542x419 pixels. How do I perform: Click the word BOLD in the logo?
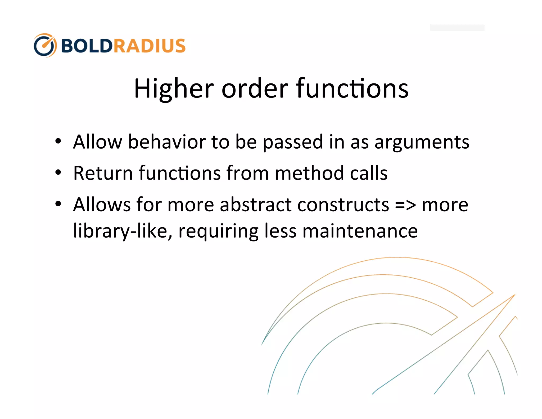pos(87,46)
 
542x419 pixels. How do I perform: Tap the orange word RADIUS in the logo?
pos(150,46)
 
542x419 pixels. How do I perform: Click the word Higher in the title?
pos(174,89)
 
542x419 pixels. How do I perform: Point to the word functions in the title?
pos(352,89)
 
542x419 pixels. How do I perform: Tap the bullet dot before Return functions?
pos(58,173)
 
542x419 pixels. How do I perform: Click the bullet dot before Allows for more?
pos(58,204)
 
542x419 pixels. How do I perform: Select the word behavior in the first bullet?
pos(167,142)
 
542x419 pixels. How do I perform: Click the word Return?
pos(103,173)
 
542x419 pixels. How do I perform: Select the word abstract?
pos(256,205)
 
